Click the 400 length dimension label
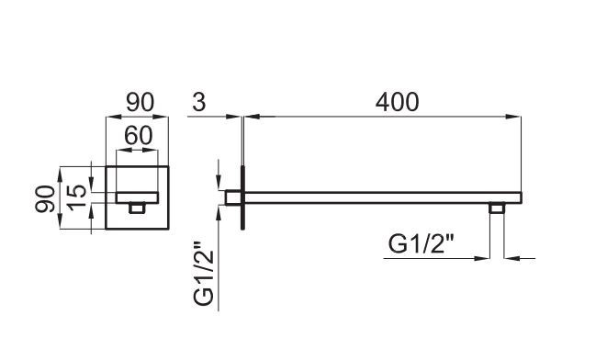(397, 102)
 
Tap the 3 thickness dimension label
(199, 102)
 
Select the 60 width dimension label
(139, 136)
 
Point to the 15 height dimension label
(77, 197)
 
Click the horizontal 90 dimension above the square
(140, 102)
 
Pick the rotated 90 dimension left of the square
(45, 199)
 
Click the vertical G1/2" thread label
(204, 274)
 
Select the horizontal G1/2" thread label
(422, 244)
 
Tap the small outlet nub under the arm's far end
(496, 208)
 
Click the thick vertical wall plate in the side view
(242, 197)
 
